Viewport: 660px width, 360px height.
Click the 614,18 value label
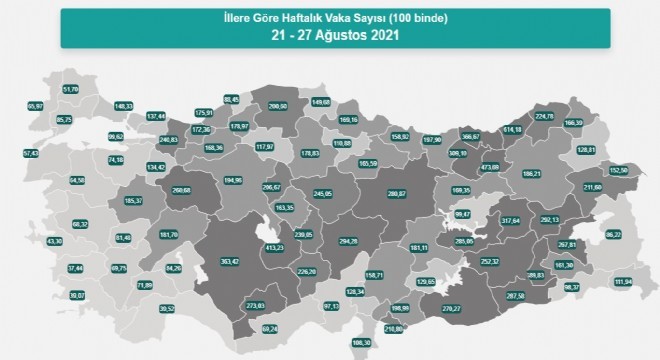[513, 130]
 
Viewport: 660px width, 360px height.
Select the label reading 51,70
[71, 89]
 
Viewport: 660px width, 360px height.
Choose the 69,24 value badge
[269, 328]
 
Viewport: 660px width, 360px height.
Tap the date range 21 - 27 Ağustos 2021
[329, 36]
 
